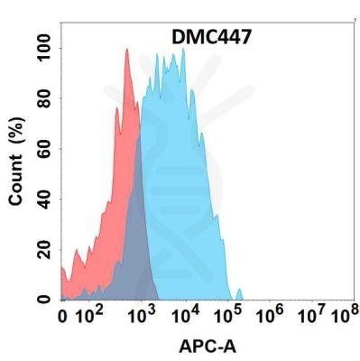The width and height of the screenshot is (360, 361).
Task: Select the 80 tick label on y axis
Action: [x=42, y=97]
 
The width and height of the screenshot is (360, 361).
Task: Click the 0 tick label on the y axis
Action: [x=42, y=299]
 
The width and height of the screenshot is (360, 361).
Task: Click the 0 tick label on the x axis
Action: [x=62, y=317]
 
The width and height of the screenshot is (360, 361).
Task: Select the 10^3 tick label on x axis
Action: [x=141, y=315]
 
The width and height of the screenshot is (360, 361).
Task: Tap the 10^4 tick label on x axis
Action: [x=186, y=315]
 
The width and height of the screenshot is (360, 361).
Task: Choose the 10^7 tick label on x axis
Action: [x=314, y=315]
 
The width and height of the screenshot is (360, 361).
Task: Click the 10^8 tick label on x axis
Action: [x=344, y=315]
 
